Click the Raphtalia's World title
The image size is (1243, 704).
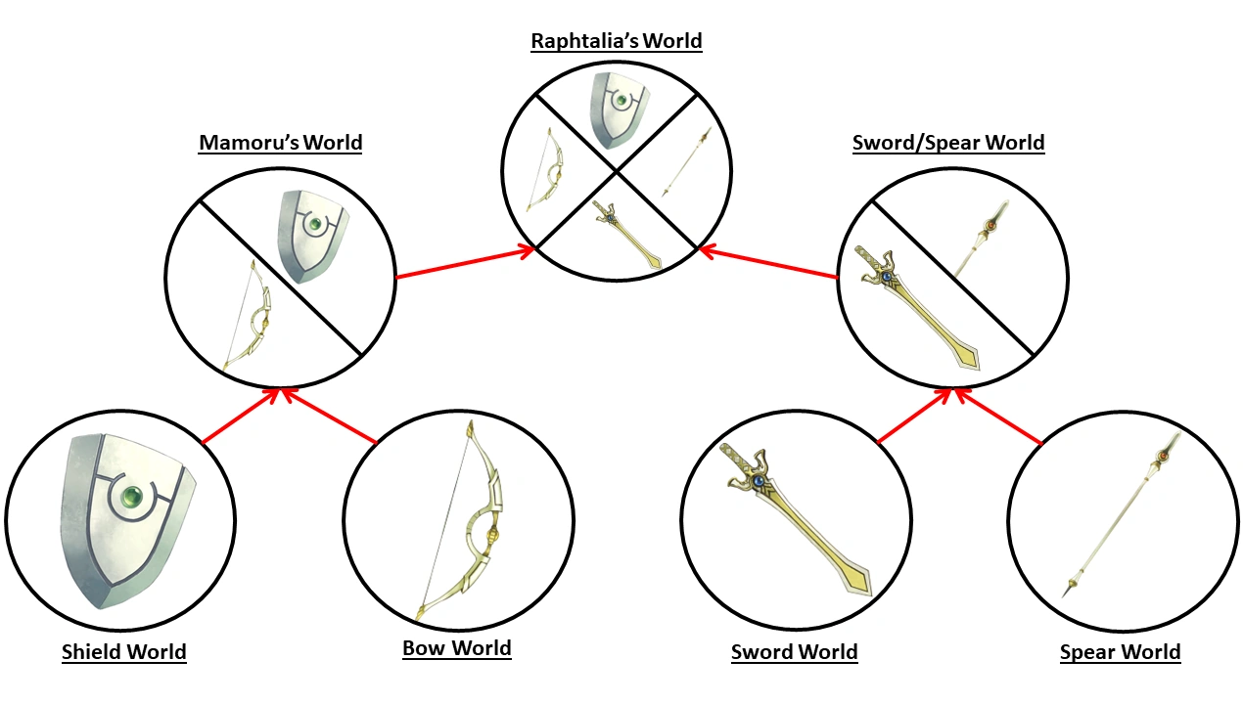(x=616, y=41)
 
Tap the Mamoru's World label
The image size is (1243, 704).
(x=280, y=143)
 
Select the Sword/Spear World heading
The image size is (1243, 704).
(x=947, y=143)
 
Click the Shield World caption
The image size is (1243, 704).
(x=123, y=652)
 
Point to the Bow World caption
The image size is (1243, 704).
(x=456, y=648)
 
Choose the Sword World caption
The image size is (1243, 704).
(x=794, y=652)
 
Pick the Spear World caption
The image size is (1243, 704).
(x=1120, y=652)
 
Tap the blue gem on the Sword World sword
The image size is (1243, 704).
(x=758, y=481)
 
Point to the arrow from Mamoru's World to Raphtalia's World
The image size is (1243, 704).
(x=465, y=264)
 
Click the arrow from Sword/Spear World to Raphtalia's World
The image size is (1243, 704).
(x=769, y=264)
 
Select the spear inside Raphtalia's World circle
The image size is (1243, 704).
(x=683, y=161)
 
